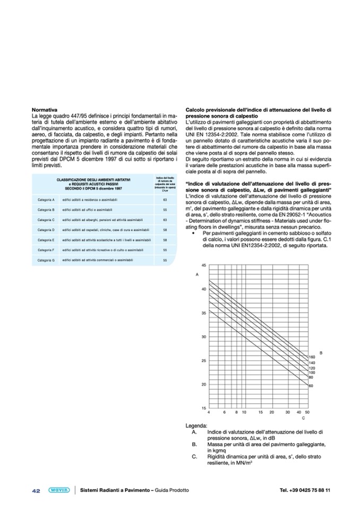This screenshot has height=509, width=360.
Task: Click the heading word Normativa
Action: tap(44, 109)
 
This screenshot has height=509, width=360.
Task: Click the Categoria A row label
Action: tap(46, 200)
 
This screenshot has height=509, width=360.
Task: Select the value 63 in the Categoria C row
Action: tap(165, 220)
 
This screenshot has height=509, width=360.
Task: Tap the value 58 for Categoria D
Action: tap(165, 230)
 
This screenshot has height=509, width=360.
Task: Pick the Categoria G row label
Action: tap(46, 261)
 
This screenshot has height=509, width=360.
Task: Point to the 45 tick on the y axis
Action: tap(204, 265)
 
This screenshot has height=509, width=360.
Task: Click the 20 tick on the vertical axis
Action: tap(204, 384)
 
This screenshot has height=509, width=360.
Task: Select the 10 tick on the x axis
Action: tap(244, 412)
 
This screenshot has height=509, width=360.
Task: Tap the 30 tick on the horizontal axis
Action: tap(287, 412)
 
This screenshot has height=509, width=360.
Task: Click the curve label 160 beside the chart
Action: tap(312, 357)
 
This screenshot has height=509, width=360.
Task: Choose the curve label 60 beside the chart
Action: tap(311, 386)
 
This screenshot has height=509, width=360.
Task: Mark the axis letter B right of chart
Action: tap(321, 352)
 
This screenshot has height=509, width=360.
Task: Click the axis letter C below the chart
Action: tap(303, 418)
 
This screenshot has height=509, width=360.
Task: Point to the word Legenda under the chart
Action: tap(196, 426)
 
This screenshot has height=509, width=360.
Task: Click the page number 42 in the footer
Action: tap(36, 490)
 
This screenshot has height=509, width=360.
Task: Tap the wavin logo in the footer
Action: tap(58, 490)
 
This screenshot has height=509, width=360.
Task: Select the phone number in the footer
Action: tap(305, 490)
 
